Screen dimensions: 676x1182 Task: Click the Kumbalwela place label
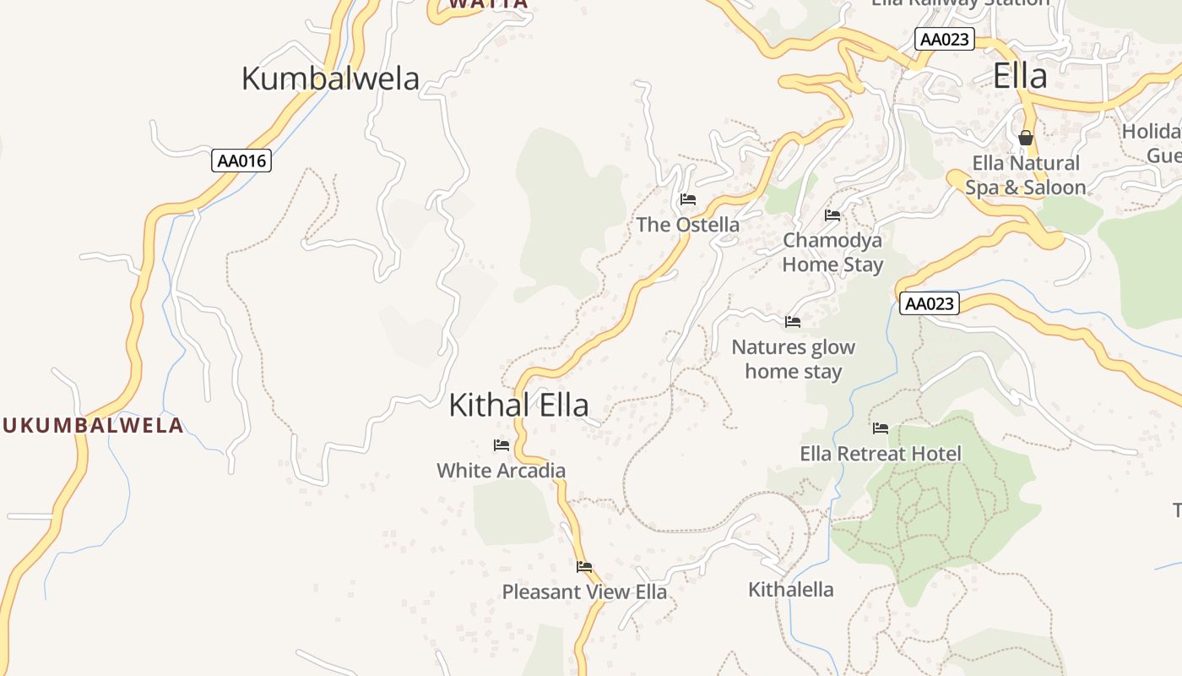[x=330, y=79]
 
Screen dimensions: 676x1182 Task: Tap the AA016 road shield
[x=241, y=161]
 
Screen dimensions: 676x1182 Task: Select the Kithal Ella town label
[x=518, y=405]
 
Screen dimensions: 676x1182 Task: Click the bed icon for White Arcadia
[x=502, y=445]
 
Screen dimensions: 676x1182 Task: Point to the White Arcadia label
[x=501, y=471]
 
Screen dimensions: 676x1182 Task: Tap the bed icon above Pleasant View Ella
[x=584, y=567]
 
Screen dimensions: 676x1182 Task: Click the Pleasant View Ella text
[x=584, y=591]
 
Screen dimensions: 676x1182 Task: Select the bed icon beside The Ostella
[x=688, y=199]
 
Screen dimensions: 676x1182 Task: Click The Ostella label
[x=687, y=225]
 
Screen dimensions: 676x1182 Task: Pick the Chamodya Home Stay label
[x=832, y=252]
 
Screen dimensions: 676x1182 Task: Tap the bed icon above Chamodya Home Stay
[x=832, y=215]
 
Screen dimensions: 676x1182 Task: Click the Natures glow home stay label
[x=793, y=359]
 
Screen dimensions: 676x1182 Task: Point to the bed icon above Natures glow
[x=793, y=322]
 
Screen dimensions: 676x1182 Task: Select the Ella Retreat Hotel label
[x=881, y=454]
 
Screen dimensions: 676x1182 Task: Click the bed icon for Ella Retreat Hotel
[x=881, y=428]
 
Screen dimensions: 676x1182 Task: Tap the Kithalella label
[x=791, y=589]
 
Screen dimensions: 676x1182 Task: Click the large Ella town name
[x=1020, y=76]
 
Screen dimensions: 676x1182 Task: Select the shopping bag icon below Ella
[x=1026, y=137]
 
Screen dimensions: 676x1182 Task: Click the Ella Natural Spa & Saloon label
[x=1026, y=175]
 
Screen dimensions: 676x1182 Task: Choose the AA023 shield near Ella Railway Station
[x=945, y=39]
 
